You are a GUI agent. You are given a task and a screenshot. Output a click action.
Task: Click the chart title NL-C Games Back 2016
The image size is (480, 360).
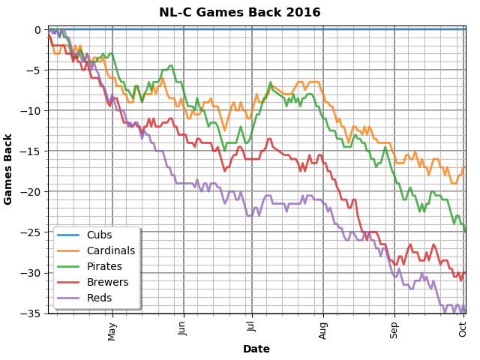(240, 13)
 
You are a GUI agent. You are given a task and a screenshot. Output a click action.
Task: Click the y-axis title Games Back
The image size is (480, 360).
(9, 169)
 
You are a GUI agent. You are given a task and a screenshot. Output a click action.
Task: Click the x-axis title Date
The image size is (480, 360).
(256, 349)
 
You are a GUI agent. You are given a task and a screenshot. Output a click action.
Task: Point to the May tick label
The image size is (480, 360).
(113, 330)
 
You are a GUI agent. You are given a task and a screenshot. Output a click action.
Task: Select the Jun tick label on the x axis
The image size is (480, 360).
(183, 328)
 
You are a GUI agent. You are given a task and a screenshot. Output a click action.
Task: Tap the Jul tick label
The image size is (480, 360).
(252, 327)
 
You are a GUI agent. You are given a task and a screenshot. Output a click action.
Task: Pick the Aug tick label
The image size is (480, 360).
(324, 328)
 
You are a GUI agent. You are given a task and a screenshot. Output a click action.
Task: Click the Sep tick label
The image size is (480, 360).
(395, 328)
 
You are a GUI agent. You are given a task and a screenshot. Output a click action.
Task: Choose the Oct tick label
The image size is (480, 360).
(463, 328)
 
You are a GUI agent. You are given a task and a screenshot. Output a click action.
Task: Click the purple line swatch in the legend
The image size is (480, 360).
(68, 298)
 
